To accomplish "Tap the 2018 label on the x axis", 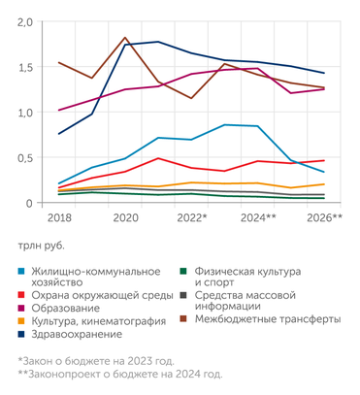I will (x=58, y=218).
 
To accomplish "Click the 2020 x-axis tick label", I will (x=126, y=218).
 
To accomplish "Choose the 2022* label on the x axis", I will (x=192, y=218).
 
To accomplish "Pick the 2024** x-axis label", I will (x=258, y=218).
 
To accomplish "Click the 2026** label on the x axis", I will (x=324, y=218).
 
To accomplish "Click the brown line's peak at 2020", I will (x=126, y=38).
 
